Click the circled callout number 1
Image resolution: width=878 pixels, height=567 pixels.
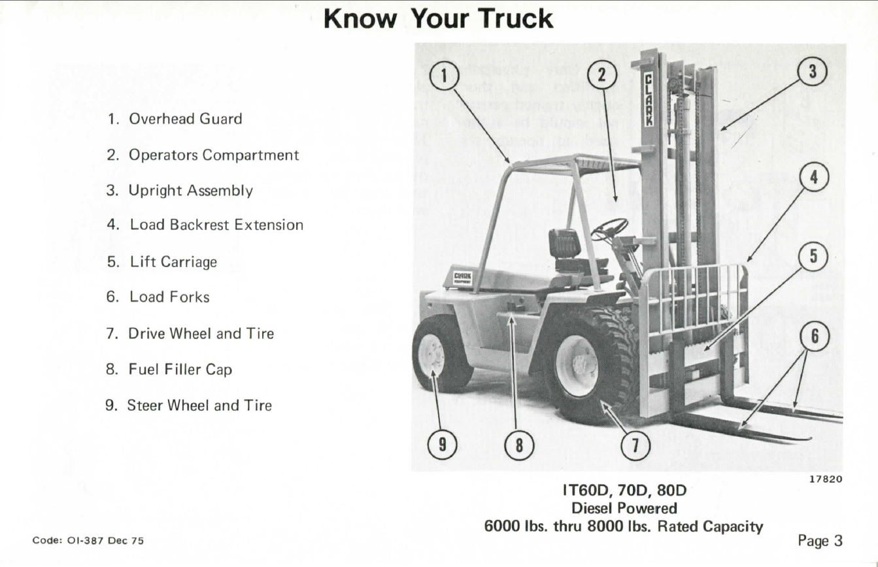(x=444, y=76)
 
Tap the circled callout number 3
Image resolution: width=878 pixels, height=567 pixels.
(x=813, y=72)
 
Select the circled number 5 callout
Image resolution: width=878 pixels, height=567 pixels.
(x=813, y=257)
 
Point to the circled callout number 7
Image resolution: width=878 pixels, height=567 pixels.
(x=635, y=445)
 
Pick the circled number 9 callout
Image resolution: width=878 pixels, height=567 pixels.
(x=442, y=444)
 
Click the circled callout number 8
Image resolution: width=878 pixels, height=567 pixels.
(x=519, y=445)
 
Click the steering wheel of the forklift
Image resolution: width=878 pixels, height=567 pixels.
(x=609, y=229)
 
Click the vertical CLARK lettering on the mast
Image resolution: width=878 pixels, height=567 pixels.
(x=649, y=100)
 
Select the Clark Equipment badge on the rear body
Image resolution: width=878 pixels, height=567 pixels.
(x=462, y=278)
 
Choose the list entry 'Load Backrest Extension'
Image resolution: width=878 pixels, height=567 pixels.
(x=205, y=225)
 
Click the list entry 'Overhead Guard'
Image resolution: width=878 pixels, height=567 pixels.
(x=175, y=119)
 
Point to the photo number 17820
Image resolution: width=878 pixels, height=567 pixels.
(x=826, y=479)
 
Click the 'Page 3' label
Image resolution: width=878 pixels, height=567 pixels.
(x=820, y=541)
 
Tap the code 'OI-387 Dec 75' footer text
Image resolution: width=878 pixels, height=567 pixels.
(x=88, y=540)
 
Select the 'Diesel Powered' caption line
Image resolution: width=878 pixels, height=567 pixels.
(x=624, y=508)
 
